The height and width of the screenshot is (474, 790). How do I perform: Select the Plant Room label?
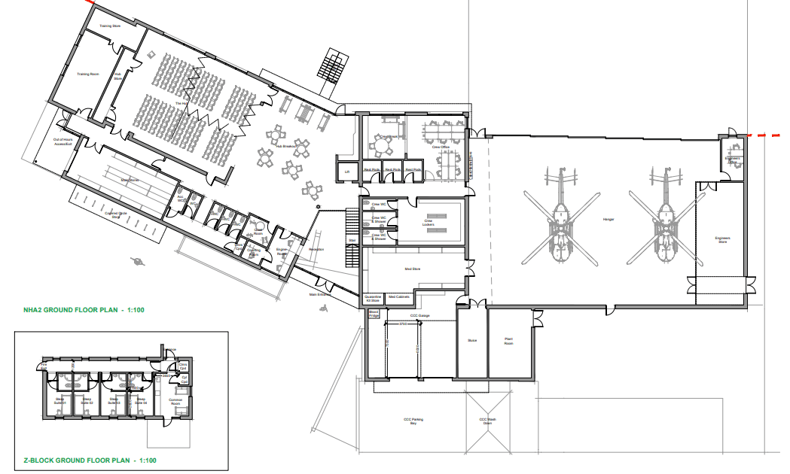point(508,341)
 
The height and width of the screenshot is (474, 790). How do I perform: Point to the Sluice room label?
point(472,340)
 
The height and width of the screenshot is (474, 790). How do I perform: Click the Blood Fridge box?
point(374,316)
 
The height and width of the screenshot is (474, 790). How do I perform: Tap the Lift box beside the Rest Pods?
point(347,172)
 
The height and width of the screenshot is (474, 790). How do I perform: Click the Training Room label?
point(89,74)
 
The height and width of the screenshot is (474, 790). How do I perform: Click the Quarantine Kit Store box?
point(374,299)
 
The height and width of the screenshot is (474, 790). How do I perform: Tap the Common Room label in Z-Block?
point(177,403)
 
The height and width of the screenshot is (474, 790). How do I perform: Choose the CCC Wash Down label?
point(487,421)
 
